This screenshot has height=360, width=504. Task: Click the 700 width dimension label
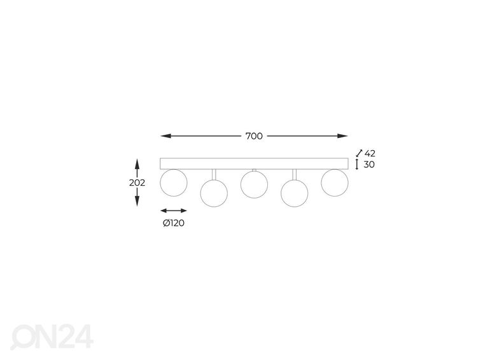click(254, 136)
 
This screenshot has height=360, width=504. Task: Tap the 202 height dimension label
click(137, 183)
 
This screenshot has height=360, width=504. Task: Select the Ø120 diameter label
click(174, 223)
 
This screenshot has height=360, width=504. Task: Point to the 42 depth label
click(370, 153)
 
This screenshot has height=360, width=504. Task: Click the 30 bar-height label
click(369, 165)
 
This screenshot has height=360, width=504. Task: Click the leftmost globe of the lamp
click(174, 183)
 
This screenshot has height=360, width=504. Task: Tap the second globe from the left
click(214, 193)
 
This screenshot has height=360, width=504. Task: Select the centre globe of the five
click(254, 184)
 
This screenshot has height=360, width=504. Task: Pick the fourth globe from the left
click(295, 193)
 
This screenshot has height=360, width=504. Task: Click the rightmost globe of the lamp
click(335, 183)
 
